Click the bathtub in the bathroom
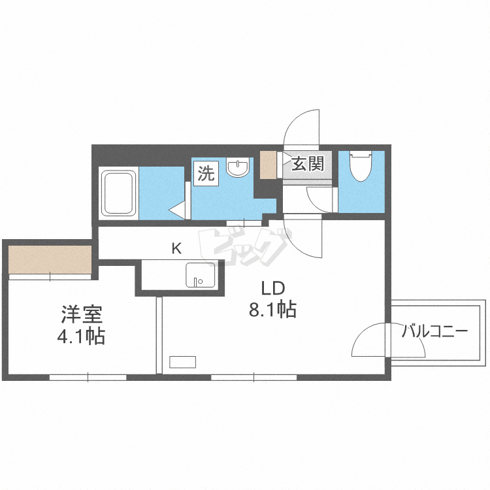(x=118, y=193)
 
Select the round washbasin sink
(x=238, y=168)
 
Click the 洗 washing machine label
(x=206, y=174)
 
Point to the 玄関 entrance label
(x=307, y=163)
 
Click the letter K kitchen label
(x=176, y=248)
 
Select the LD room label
(x=272, y=288)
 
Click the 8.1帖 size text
(x=272, y=310)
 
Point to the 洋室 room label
(x=82, y=316)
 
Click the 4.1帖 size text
(x=82, y=338)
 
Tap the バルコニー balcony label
(x=434, y=331)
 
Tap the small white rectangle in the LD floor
(x=183, y=361)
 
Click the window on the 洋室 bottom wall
(x=88, y=377)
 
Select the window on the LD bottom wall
(x=253, y=377)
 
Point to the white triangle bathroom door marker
(x=177, y=210)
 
